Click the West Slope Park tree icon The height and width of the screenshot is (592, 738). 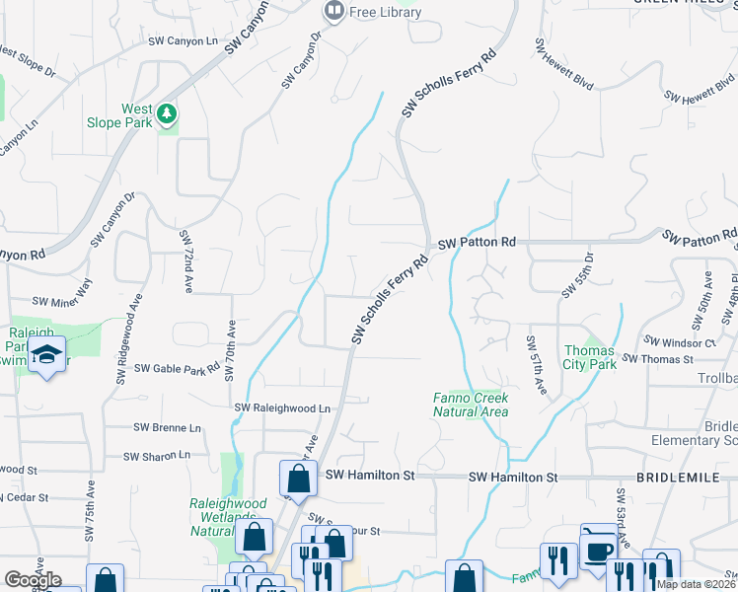pyautogui.click(x=168, y=115)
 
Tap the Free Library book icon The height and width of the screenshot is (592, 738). pyautogui.click(x=334, y=12)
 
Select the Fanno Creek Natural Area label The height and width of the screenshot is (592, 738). pyautogui.click(x=471, y=405)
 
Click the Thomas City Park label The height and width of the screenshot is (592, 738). pyautogui.click(x=590, y=357)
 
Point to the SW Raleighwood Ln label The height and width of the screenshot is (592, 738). pyautogui.click(x=282, y=407)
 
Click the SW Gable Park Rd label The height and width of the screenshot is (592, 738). pyautogui.click(x=177, y=369)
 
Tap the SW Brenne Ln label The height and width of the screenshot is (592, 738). pyautogui.click(x=167, y=428)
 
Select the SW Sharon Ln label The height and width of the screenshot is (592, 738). pyautogui.click(x=157, y=456)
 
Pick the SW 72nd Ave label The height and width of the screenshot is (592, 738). pyautogui.click(x=185, y=262)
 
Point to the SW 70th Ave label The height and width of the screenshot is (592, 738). pyautogui.click(x=230, y=350)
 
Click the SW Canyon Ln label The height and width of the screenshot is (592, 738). pyautogui.click(x=183, y=41)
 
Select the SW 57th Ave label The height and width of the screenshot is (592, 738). pyautogui.click(x=536, y=366)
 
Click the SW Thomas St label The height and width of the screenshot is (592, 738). pyautogui.click(x=659, y=360)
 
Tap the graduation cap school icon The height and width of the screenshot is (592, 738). pyautogui.click(x=45, y=354)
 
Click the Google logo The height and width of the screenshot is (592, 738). pyautogui.click(x=33, y=579)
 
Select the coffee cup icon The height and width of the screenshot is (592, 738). pyautogui.click(x=598, y=549)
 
